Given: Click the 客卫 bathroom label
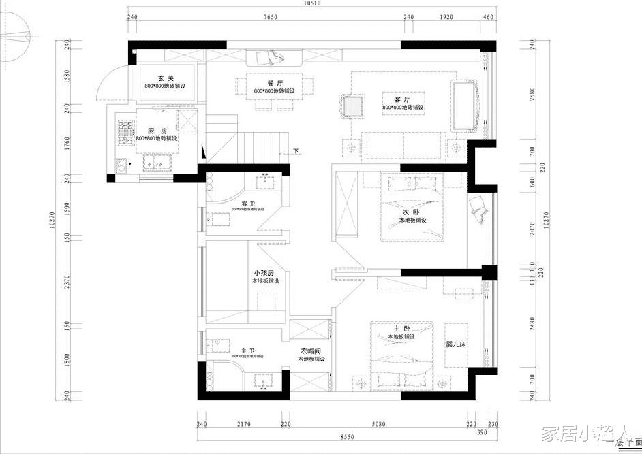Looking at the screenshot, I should coord(248,204).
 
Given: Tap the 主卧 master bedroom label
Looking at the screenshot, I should coord(401,329).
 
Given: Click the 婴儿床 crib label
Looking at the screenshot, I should coord(455,344).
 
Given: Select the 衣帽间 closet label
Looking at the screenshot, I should coord(311,351).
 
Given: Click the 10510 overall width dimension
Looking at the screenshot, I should coord(311,3).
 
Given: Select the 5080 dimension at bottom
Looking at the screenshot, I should coord(380,425).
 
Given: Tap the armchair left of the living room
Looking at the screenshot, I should coord(352,106).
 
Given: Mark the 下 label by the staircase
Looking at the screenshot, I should coord(296,150).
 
